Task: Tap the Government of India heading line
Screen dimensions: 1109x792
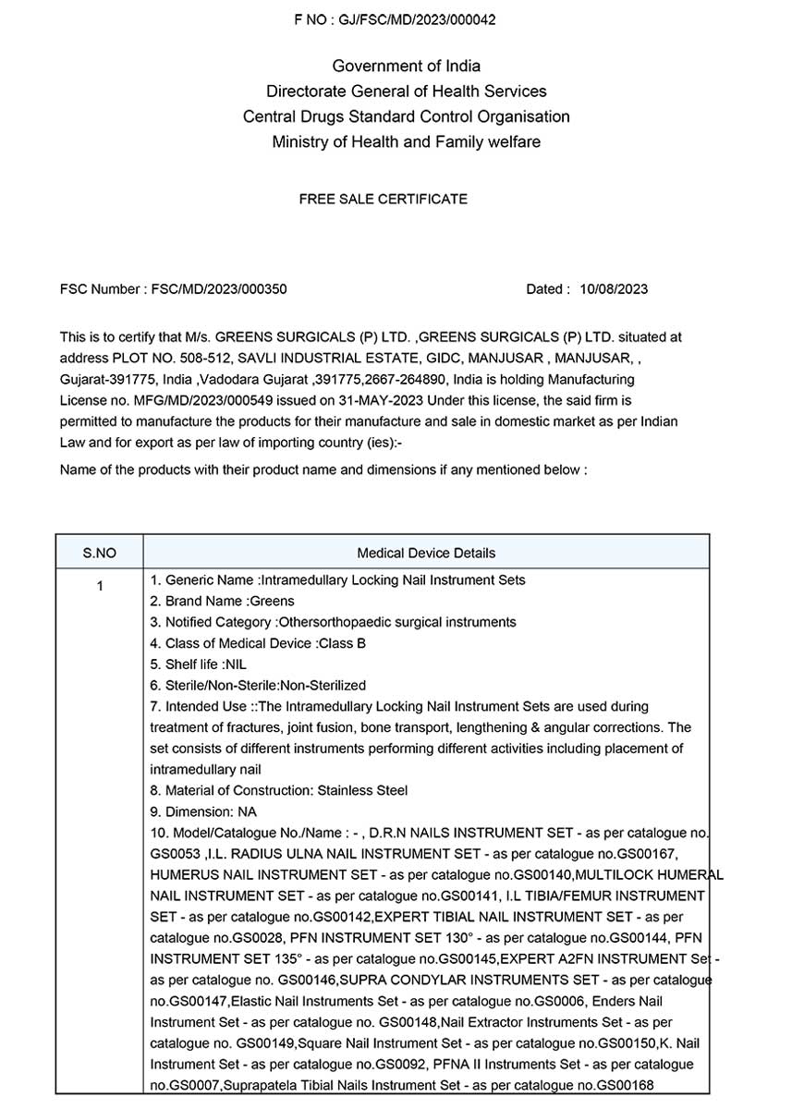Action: click(x=406, y=66)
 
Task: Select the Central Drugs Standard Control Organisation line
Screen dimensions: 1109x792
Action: click(x=406, y=116)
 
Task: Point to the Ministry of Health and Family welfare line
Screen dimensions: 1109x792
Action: click(x=406, y=142)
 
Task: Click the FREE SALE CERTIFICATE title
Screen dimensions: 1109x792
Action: click(x=383, y=199)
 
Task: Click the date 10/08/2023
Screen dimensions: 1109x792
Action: click(x=614, y=289)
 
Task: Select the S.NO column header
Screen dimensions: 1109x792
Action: click(x=100, y=553)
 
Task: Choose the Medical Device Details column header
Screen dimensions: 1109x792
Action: click(x=426, y=553)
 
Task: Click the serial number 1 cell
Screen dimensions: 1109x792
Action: click(x=100, y=586)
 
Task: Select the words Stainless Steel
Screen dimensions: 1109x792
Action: click(x=362, y=790)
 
